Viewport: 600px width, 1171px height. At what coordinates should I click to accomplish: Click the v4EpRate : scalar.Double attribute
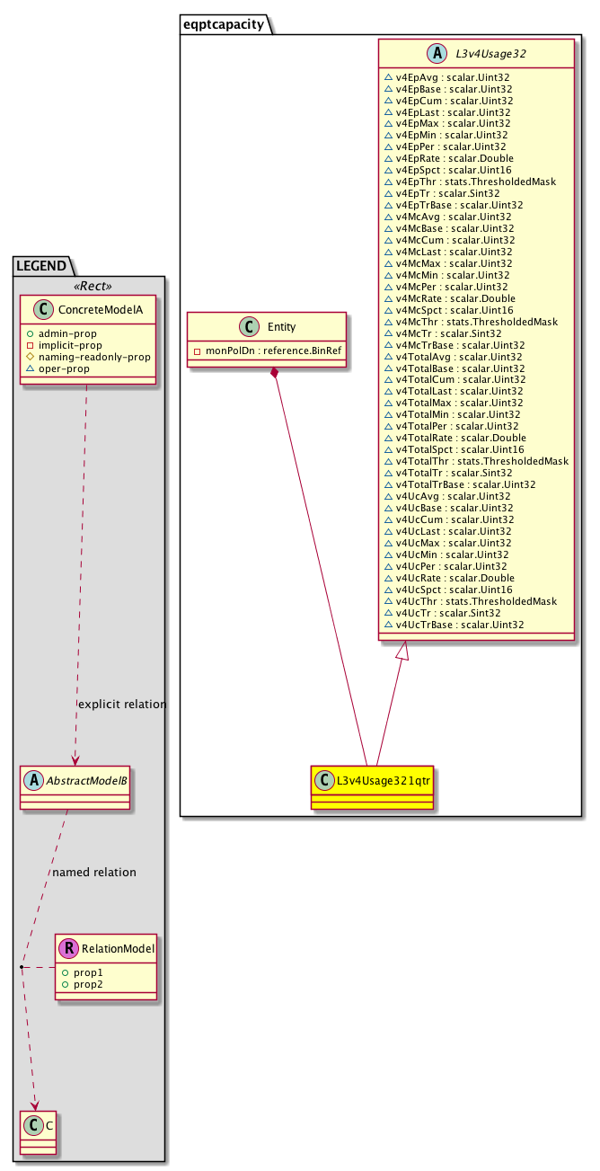(448, 158)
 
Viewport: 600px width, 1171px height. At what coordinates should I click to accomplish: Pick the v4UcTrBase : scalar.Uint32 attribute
(454, 624)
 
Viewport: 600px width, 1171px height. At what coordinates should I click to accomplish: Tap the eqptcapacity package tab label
(225, 24)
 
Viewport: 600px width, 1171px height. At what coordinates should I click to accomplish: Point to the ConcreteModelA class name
(100, 310)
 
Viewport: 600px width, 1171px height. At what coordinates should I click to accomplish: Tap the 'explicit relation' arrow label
(122, 704)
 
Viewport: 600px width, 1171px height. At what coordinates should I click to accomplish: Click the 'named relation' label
(94, 872)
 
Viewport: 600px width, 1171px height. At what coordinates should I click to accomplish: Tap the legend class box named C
(35, 1132)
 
